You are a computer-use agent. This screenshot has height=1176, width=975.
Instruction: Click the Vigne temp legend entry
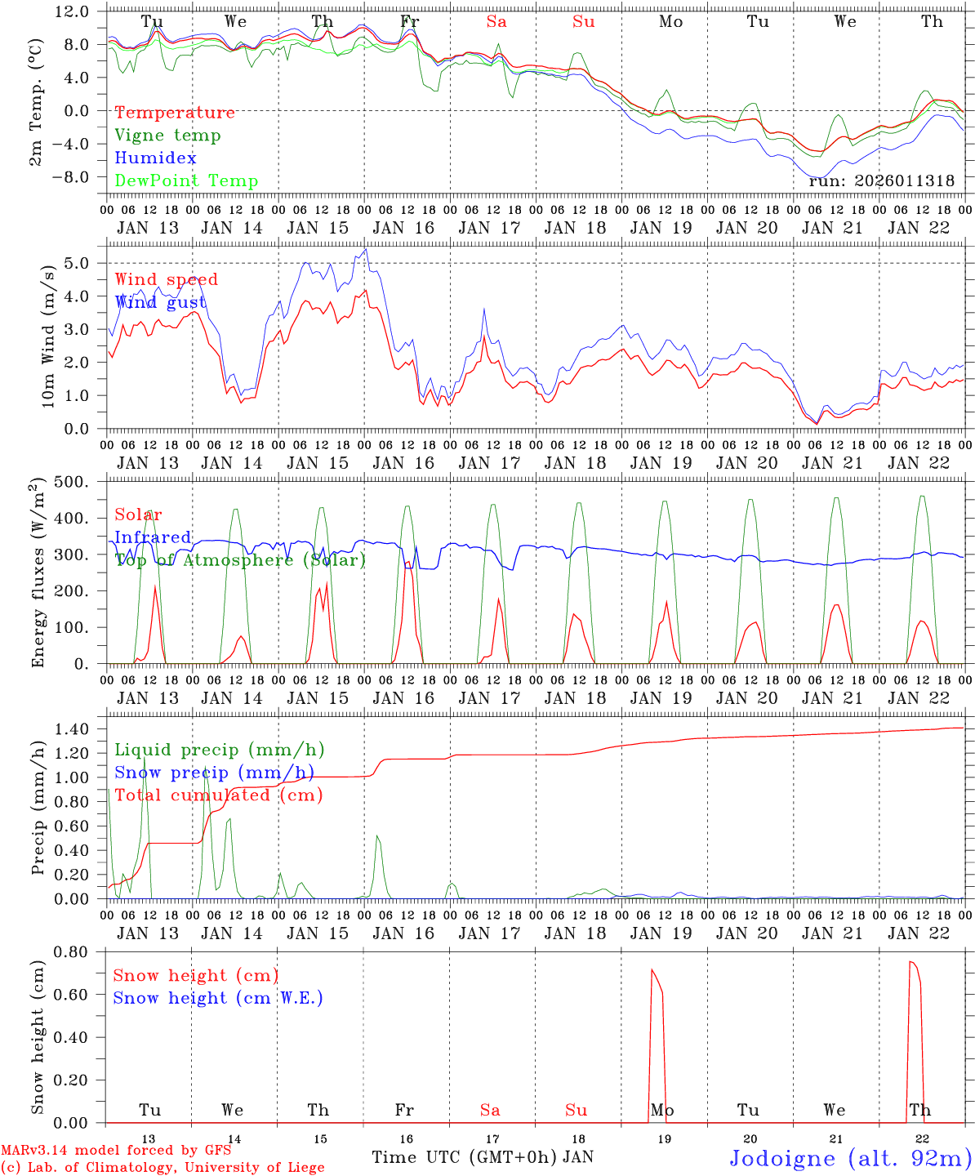click(167, 136)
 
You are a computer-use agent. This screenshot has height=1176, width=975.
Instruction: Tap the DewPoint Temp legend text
click(186, 181)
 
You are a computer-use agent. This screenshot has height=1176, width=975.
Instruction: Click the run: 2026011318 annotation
click(881, 181)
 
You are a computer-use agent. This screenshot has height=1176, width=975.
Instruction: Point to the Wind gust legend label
click(160, 303)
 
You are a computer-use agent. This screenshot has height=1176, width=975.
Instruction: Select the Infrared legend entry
click(153, 537)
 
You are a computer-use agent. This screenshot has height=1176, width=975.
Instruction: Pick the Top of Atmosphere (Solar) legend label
click(240, 560)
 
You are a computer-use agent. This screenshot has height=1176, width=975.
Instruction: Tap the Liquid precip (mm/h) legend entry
click(219, 750)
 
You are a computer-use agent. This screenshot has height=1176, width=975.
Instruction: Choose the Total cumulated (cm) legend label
click(218, 795)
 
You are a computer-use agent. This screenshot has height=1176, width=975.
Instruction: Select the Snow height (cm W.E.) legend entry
click(217, 998)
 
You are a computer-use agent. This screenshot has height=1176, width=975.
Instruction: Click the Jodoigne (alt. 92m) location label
click(850, 1158)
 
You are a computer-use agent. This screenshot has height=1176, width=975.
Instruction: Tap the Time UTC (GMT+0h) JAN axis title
click(482, 1157)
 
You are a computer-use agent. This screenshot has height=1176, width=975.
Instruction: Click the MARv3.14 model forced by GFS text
click(114, 1151)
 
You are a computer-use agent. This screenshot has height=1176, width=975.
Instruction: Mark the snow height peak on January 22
click(911, 962)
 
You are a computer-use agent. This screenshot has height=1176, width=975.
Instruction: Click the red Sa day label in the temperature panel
click(496, 22)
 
